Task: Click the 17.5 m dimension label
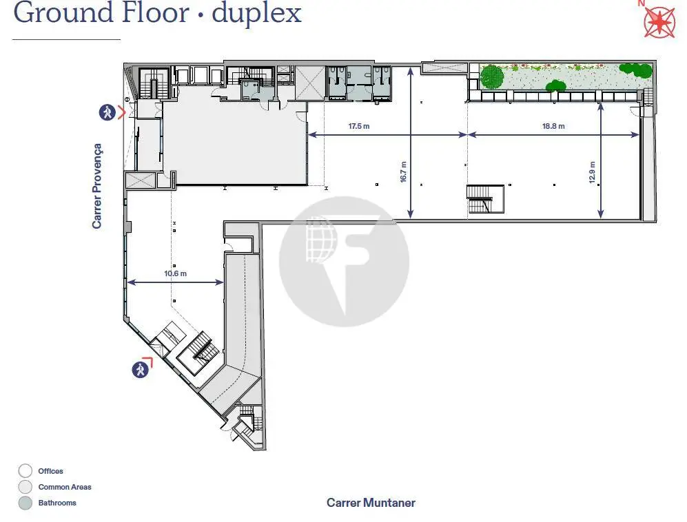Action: (359, 126)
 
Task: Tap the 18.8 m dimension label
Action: (553, 126)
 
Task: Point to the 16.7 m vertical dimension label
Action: (403, 171)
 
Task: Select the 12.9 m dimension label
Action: (592, 172)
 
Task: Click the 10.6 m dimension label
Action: (175, 273)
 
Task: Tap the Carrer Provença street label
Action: (97, 186)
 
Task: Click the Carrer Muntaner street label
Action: (371, 503)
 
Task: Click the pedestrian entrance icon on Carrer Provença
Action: (107, 112)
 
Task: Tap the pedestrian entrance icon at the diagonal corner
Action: (140, 370)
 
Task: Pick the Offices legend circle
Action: (25, 471)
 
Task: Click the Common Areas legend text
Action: (65, 487)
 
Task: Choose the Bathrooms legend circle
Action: (25, 503)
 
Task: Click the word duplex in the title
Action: (257, 13)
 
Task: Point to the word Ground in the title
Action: (64, 12)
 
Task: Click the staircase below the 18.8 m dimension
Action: (485, 199)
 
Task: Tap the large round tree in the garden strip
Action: (492, 76)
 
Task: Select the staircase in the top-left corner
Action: (154, 83)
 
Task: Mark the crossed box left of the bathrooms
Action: (310, 83)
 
